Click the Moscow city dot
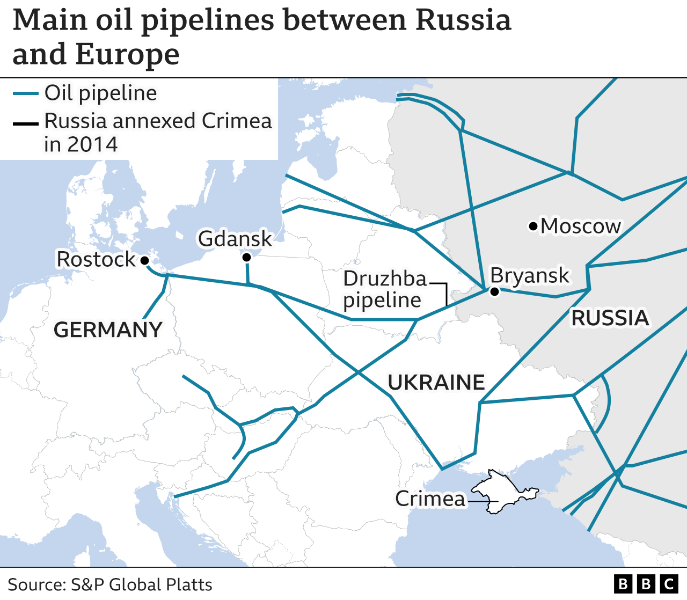pos(533,226)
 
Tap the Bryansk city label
pos(529,275)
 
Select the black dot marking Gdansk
pos(246,258)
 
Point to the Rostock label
pos(96,259)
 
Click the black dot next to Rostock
pos(144,261)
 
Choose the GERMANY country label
pos(108,330)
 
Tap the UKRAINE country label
pos(436,383)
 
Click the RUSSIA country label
pos(610,318)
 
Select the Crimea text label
pos(430,499)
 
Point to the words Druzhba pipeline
pos(384,289)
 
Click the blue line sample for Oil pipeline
pos(25,94)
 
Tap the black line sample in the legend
pos(25,125)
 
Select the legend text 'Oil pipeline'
pos(101,93)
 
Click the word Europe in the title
pos(127,54)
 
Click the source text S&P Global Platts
pos(142,584)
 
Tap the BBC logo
pos(646,584)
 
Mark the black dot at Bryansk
pos(494,291)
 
